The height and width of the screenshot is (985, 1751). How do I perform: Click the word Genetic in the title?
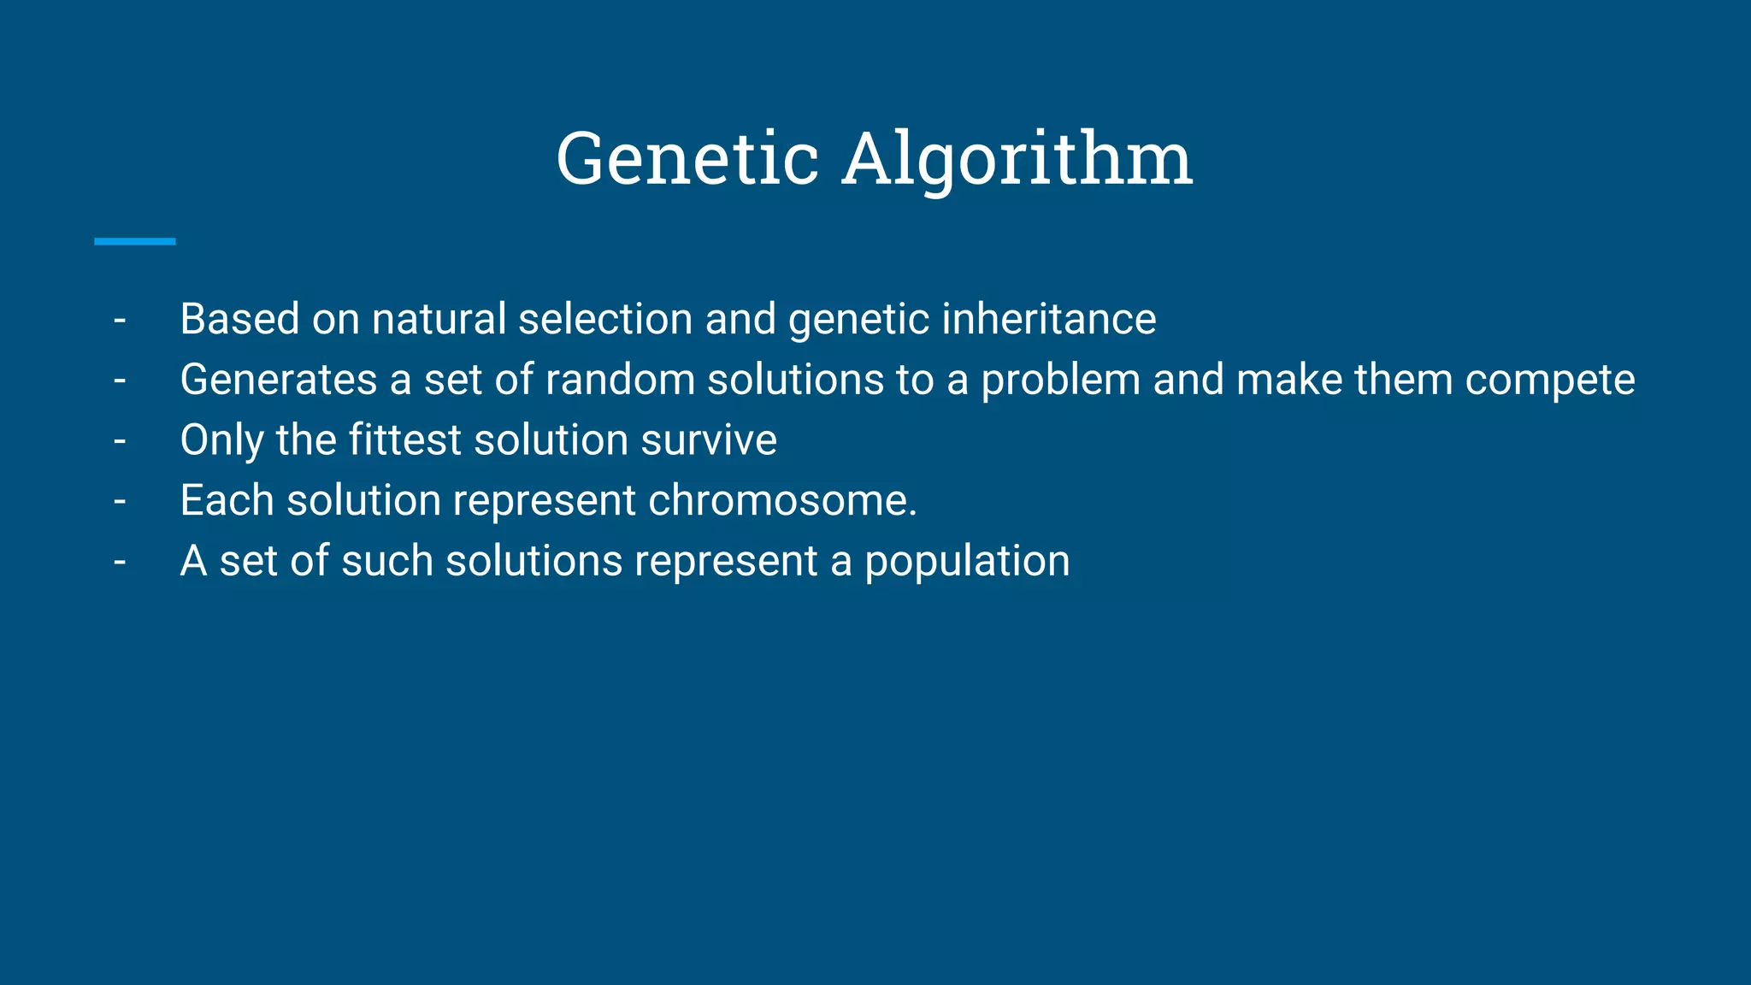pyautogui.click(x=687, y=159)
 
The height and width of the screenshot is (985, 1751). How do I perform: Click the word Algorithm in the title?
pyautogui.click(x=1017, y=159)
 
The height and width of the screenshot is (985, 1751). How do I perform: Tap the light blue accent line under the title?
pyautogui.click(x=134, y=242)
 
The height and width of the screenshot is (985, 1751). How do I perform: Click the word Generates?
pyautogui.click(x=278, y=380)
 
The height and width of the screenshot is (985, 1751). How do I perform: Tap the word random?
pyautogui.click(x=620, y=380)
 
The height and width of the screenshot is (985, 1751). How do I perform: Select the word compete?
pyautogui.click(x=1549, y=380)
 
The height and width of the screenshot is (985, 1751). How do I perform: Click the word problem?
pyautogui.click(x=1060, y=380)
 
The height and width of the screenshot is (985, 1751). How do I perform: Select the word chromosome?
pyautogui.click(x=781, y=500)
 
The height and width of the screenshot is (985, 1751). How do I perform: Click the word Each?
pyautogui.click(x=227, y=500)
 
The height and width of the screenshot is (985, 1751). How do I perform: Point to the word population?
pyautogui.click(x=967, y=562)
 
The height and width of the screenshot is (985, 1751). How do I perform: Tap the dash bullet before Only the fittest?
pyautogui.click(x=120, y=441)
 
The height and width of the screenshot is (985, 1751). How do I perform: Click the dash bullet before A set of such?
pyautogui.click(x=120, y=563)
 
